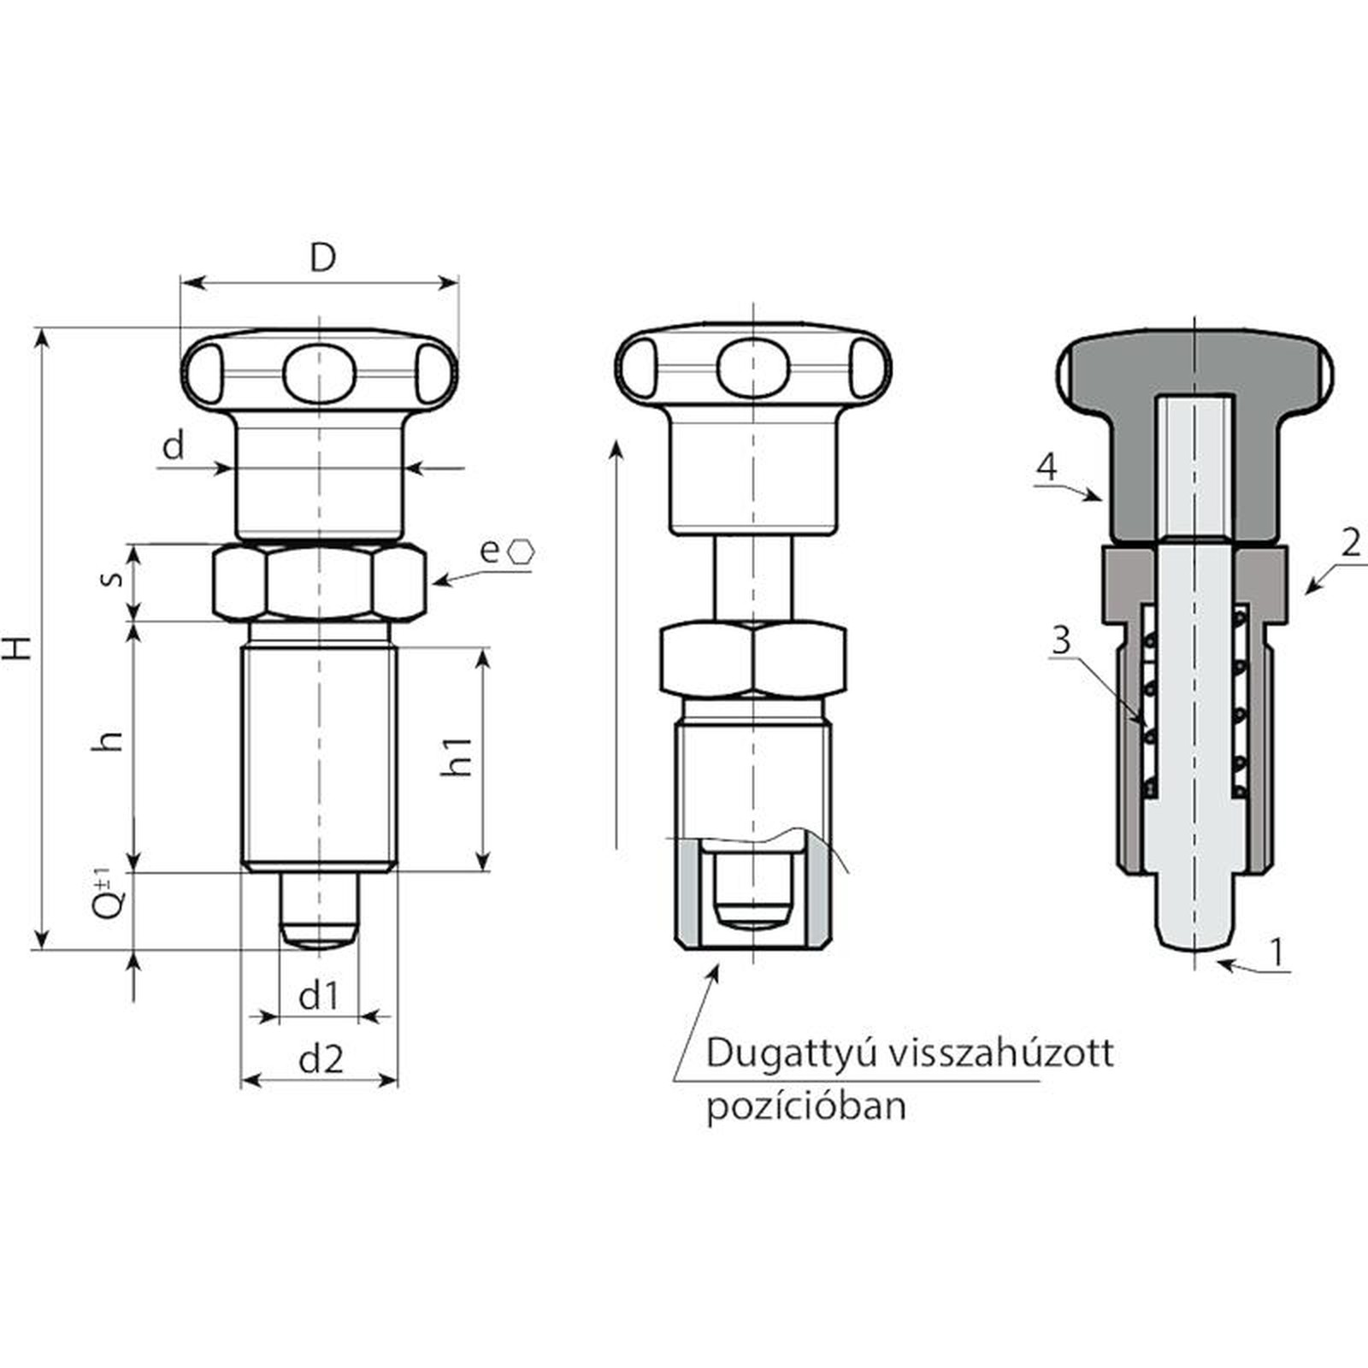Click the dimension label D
coord(322,256)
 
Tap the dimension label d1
coord(319,996)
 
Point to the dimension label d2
coord(321,1059)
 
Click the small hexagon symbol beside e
coord(521,551)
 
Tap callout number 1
coord(1277,952)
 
